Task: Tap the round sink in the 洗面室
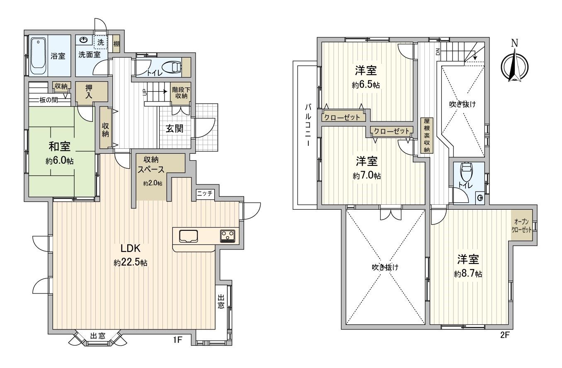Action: [x=84, y=40]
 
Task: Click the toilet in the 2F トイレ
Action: [x=466, y=171]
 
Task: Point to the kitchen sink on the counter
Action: [x=188, y=235]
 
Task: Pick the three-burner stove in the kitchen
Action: [x=227, y=235]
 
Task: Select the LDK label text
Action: [x=131, y=248]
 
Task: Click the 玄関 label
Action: [x=175, y=128]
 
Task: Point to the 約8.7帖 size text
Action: [x=468, y=274]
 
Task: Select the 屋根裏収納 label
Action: [x=426, y=136]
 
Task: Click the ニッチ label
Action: [x=205, y=193]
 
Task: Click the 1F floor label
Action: [x=177, y=340]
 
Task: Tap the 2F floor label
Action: [x=504, y=335]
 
